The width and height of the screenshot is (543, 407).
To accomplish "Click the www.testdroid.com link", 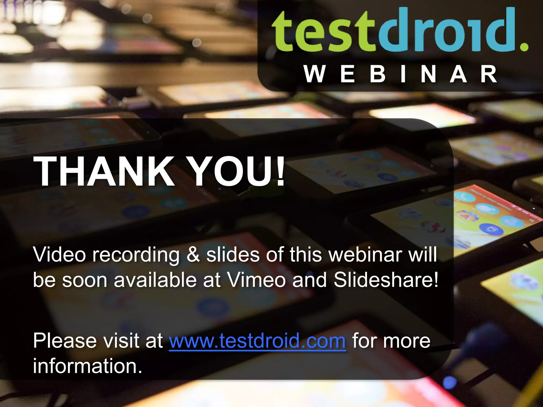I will coord(257,341).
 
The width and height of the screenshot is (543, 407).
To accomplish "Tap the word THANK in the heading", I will coord(103,172).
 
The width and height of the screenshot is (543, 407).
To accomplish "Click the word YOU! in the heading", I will coord(237,172).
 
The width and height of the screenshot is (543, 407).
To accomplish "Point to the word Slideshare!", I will coord(386,280).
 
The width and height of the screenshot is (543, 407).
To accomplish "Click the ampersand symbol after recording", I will coord(193,255).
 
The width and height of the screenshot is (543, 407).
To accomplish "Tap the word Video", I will coord(59,255).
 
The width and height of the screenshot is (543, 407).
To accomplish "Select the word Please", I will coord(65,341).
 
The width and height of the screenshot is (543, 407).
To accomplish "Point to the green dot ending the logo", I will coord(524,47).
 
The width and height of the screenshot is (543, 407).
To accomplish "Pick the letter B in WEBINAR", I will coord(378,74).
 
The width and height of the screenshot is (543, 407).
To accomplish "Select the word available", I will coord(155,280).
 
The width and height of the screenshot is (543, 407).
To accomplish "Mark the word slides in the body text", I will coord(233,255).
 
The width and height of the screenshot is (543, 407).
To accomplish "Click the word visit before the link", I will coord(121,341).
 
